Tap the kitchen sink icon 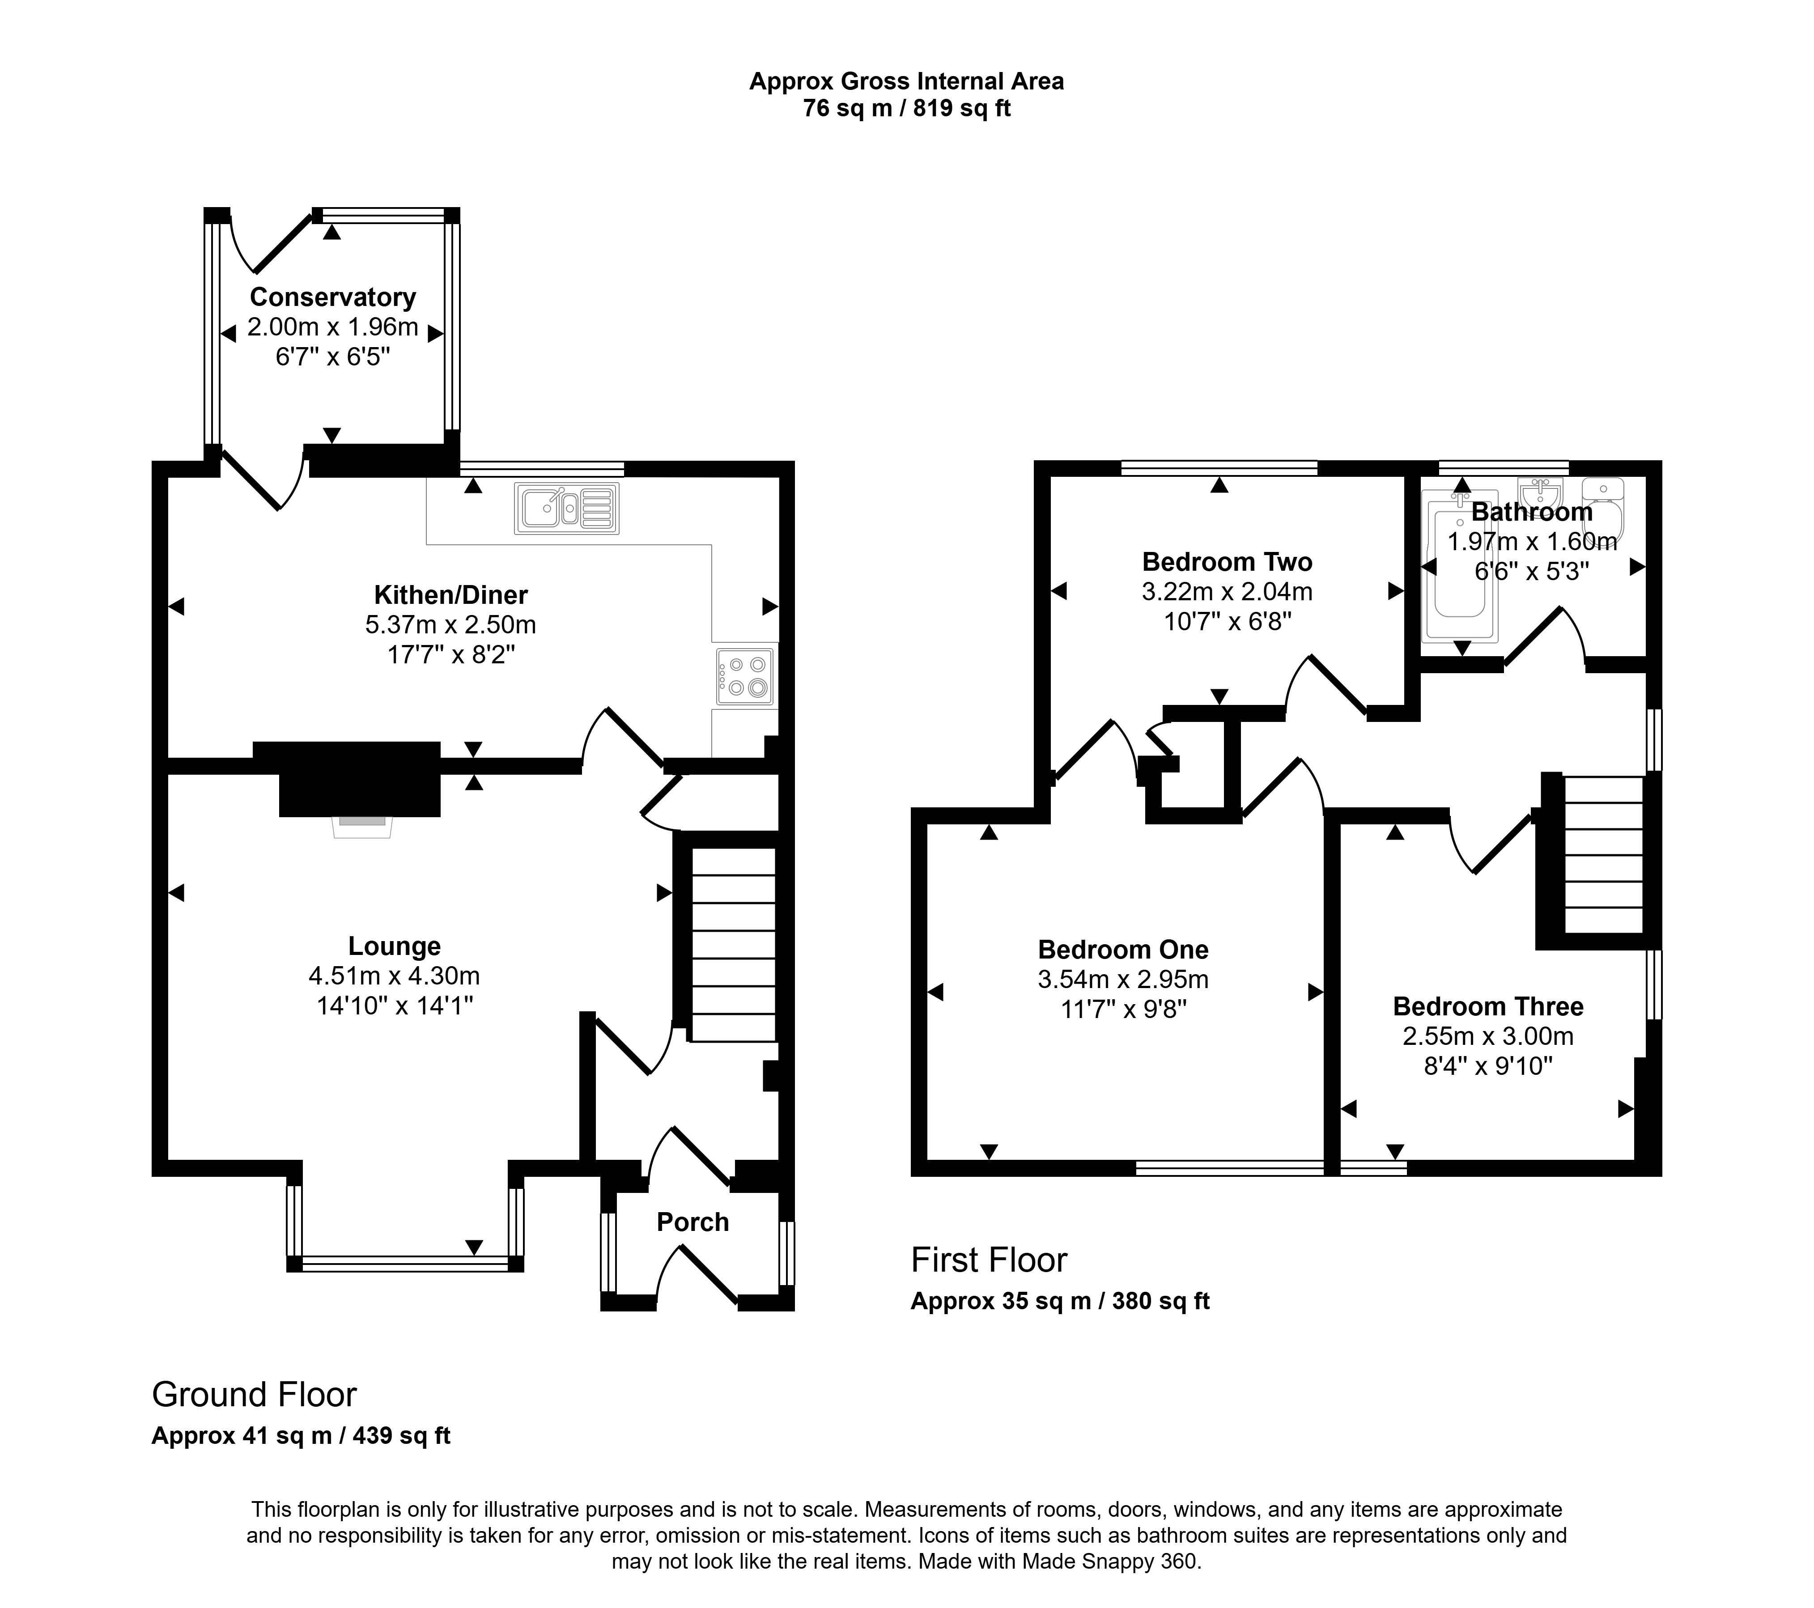[x=566, y=509]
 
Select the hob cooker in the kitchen [x=744, y=677]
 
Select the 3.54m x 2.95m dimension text [x=1123, y=980]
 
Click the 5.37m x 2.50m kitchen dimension [x=451, y=625]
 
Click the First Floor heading [x=989, y=1260]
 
